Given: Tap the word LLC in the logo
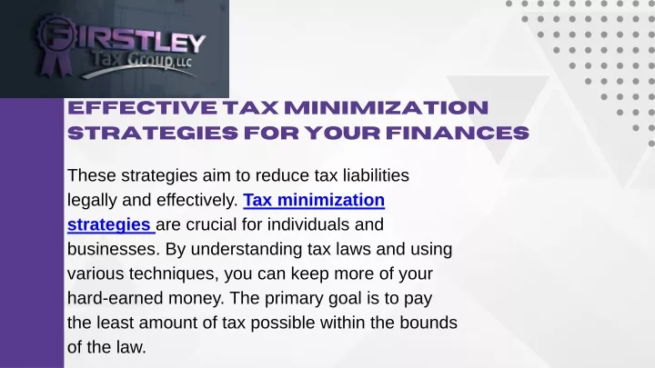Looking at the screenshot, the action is point(184,63).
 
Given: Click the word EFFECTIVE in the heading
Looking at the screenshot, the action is point(143,107).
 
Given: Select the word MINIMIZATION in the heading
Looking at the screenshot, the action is point(386,107).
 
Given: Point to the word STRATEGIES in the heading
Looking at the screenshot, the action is point(153,133).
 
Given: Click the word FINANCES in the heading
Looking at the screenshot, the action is point(458,133).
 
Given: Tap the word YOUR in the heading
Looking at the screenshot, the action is point(343,133).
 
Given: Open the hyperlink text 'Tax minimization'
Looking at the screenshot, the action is point(314,200).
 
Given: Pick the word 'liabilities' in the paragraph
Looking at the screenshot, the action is point(376,175).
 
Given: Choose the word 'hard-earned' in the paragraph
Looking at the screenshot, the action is point(115,299).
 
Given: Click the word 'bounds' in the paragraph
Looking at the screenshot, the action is point(428,323).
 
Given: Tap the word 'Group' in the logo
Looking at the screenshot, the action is point(149,60).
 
